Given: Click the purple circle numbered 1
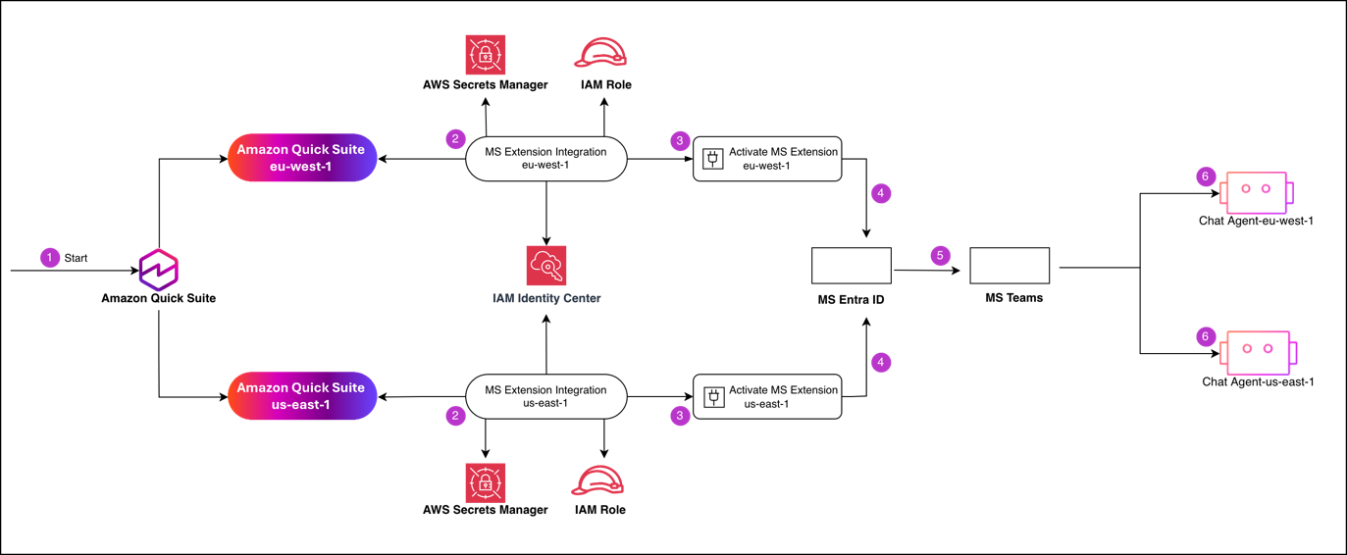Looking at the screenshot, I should tap(50, 258).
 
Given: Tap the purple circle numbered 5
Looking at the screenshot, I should tap(940, 256).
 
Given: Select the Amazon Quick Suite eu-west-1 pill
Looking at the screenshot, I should tap(302, 158).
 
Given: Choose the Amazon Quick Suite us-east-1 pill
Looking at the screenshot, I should tap(302, 396).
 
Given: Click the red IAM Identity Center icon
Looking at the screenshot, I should tap(546, 266).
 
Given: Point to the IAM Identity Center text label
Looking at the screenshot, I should tap(546, 298).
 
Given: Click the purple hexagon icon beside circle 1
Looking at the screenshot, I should tap(158, 270).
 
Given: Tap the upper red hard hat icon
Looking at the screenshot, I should tap(600, 53).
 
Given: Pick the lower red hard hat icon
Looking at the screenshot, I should tap(597, 480).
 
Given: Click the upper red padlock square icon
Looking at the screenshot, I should tap(486, 55).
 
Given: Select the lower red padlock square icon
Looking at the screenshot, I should tap(486, 482).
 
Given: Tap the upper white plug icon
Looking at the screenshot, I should tap(713, 158).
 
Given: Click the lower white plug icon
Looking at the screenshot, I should tap(714, 397).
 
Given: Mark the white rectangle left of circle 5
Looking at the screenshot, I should tap(852, 266).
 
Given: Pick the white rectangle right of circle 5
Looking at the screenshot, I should tap(1010, 266).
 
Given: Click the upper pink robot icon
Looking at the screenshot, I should tap(1256, 191).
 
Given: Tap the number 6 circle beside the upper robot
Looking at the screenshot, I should tap(1206, 177).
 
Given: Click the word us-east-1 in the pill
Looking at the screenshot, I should tap(302, 405).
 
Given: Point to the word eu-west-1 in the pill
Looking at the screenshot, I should tap(302, 167).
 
